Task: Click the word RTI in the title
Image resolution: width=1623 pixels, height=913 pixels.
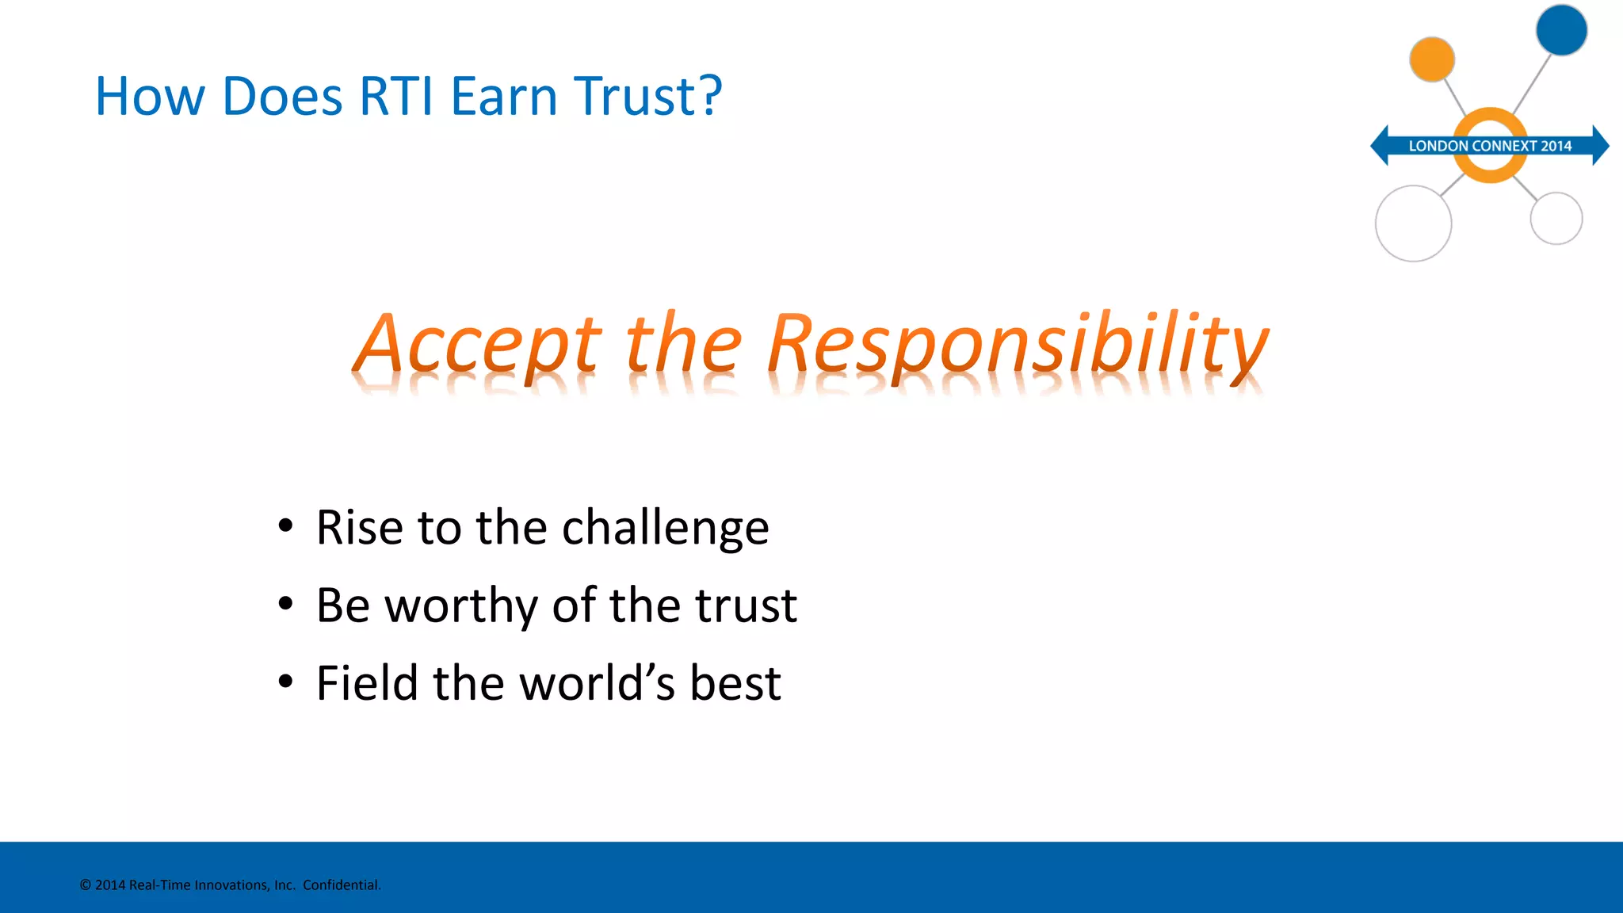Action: point(396,97)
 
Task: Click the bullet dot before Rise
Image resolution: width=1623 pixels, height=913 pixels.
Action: point(286,525)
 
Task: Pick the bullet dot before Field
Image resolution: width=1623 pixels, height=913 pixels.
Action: point(286,681)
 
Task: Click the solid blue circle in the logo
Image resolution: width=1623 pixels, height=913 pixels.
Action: point(1561,30)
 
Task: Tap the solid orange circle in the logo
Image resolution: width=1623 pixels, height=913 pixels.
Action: point(1432,59)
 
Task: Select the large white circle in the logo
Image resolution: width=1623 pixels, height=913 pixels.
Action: point(1413,223)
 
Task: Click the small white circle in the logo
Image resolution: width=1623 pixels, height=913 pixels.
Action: point(1556,218)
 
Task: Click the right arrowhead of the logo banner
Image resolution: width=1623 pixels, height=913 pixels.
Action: point(1600,146)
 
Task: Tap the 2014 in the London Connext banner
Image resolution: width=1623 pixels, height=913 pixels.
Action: point(1556,146)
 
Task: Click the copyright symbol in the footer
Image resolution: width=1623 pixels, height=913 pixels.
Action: point(86,885)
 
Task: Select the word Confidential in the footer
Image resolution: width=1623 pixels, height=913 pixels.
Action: point(342,885)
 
